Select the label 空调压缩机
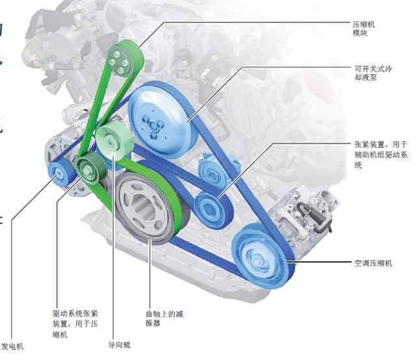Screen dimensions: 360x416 coord(373,263)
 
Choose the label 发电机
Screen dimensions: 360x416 coord(12,346)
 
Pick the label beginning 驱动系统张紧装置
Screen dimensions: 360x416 coord(75,323)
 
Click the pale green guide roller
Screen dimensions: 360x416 coord(114,139)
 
